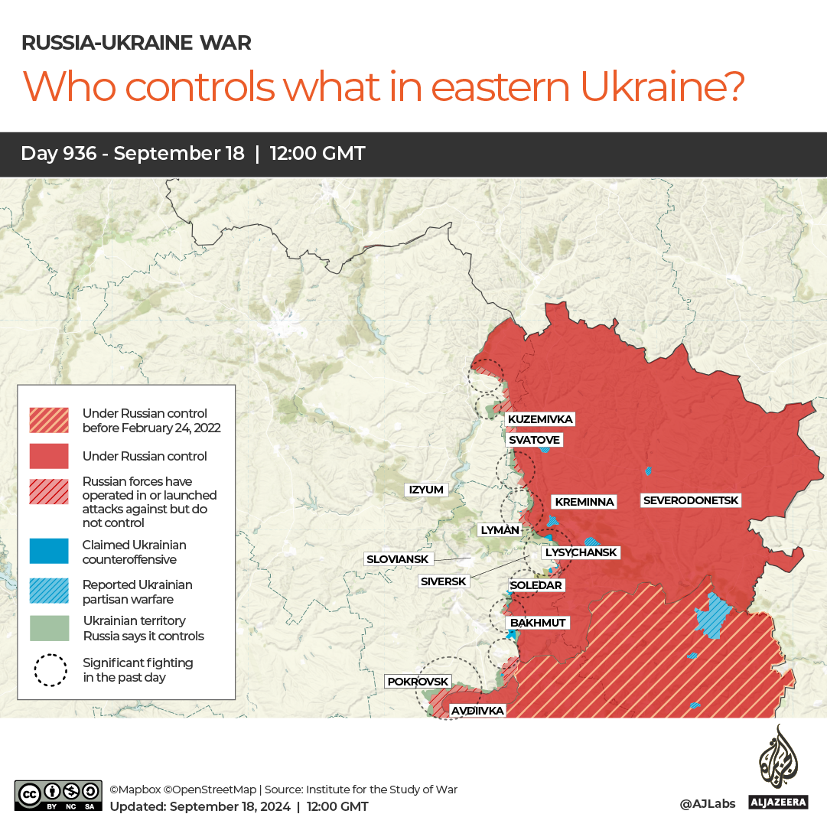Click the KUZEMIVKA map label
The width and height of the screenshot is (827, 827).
point(539,419)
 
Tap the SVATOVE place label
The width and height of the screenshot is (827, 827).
point(535,440)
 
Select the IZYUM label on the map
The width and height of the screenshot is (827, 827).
point(426,490)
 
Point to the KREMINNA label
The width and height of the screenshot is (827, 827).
point(584,502)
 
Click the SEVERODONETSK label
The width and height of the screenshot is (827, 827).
point(691,500)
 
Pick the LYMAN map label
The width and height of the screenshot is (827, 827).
point(499,530)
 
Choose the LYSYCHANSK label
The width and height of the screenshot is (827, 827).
point(580,552)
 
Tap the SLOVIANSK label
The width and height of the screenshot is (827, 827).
point(397,559)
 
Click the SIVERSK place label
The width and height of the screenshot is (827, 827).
point(444,581)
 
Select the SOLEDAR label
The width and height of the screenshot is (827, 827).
point(536,585)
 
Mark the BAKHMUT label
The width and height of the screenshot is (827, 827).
point(538,623)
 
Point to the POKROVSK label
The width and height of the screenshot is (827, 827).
point(418,681)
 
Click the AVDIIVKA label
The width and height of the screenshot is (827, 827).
point(477,711)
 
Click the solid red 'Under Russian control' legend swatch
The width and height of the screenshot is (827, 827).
point(49,456)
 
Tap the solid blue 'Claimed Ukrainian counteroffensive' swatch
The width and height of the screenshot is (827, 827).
point(49,552)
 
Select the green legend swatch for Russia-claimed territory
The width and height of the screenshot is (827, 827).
point(49,628)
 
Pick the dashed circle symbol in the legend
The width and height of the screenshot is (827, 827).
point(50,670)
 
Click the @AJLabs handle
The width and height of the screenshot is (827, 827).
point(707,803)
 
